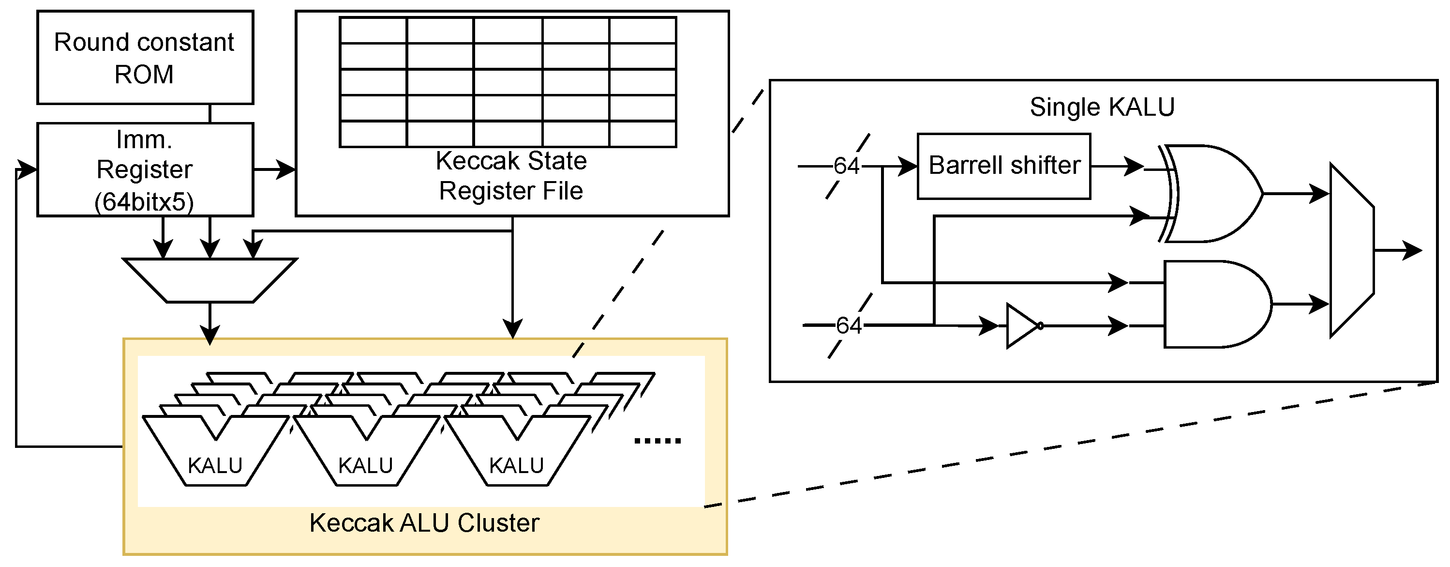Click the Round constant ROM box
145,58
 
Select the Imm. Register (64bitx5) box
145,169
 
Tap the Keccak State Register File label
510,176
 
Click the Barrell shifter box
1003,166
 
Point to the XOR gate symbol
1210,193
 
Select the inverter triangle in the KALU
1022,325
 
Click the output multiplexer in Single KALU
1351,250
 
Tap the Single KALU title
1102,107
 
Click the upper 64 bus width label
846,166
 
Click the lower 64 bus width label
848,325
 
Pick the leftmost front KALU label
215,466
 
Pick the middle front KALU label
365,466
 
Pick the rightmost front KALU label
516,466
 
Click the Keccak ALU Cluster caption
424,523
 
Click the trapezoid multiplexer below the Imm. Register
209,280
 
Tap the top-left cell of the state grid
373,31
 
